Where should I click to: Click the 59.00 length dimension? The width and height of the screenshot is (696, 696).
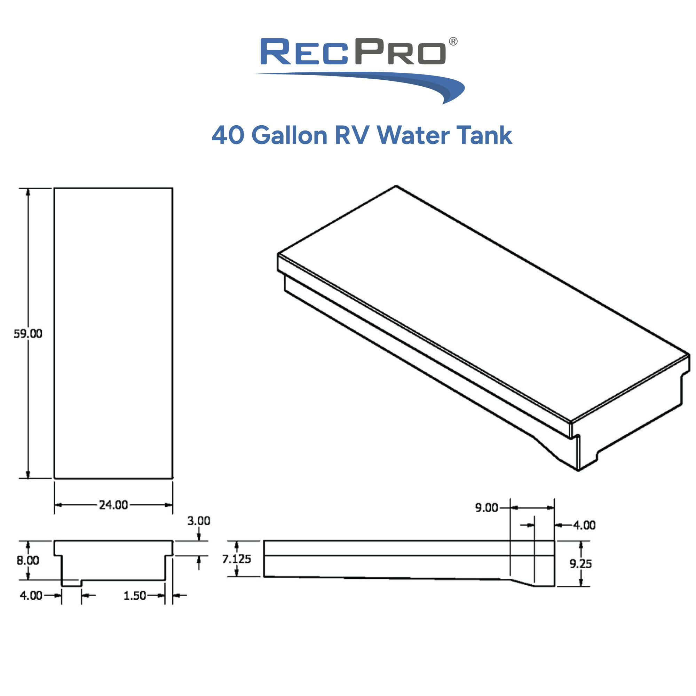pyautogui.click(x=28, y=334)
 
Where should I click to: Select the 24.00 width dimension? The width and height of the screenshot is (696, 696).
pyautogui.click(x=113, y=505)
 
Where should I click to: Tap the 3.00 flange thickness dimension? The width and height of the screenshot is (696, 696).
pyautogui.click(x=198, y=521)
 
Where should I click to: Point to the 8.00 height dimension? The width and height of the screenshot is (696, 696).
pyautogui.click(x=28, y=560)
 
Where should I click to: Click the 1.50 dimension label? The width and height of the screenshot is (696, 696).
pyautogui.click(x=134, y=595)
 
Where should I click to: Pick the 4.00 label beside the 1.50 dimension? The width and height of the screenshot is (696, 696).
pyautogui.click(x=31, y=595)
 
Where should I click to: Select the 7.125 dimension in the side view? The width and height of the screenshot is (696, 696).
pyautogui.click(x=236, y=559)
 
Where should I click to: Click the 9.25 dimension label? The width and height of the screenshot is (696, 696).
pyautogui.click(x=580, y=564)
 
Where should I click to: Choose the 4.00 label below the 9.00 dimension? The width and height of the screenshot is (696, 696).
pyautogui.click(x=584, y=525)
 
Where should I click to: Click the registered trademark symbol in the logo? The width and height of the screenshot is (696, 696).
pyautogui.click(x=453, y=41)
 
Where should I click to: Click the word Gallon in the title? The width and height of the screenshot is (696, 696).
pyautogui.click(x=289, y=135)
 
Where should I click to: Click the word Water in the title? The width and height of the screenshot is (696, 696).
pyautogui.click(x=413, y=135)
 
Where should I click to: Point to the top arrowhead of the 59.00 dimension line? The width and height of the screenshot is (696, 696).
pyautogui.click(x=28, y=192)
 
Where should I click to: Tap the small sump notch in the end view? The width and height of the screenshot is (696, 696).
pyautogui.click(x=71, y=583)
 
